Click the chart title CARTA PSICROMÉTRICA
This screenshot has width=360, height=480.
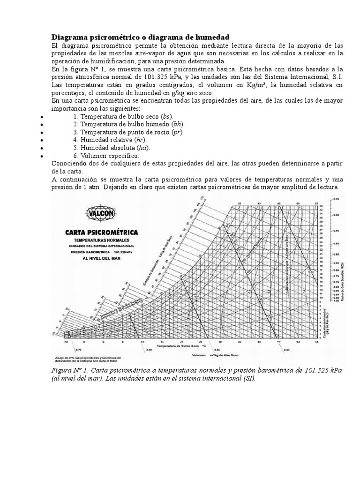coord(101,232)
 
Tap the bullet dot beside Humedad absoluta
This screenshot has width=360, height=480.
coord(42,148)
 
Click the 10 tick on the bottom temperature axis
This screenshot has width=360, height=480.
coord(142,342)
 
